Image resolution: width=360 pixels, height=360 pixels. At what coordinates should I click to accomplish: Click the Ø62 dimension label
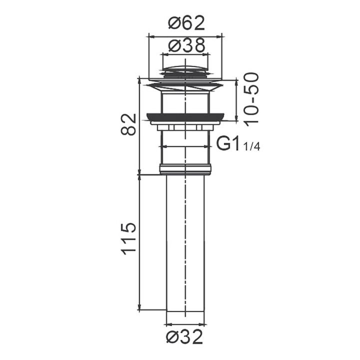pos(186,23)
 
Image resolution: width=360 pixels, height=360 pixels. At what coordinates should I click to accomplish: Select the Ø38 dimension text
pos(186,45)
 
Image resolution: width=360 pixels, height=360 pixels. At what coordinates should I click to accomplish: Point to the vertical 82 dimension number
pos(128,124)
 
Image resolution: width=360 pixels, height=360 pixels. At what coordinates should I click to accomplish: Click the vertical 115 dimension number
pos(128,238)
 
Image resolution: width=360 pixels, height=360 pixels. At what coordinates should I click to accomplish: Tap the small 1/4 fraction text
pos(251,146)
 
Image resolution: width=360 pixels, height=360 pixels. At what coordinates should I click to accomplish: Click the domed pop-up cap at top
pos(185,68)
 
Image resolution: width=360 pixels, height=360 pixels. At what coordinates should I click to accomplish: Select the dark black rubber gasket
pos(185,116)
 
